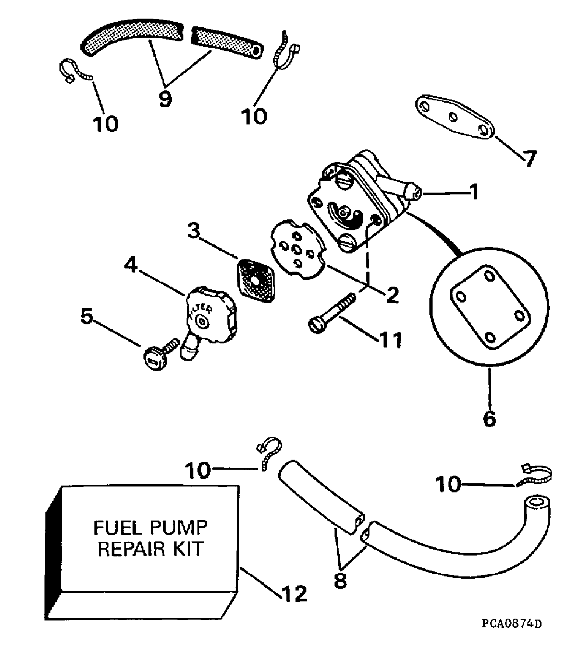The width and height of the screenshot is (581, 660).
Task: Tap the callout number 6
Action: tap(489, 418)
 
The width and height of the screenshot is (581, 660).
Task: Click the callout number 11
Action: tap(391, 339)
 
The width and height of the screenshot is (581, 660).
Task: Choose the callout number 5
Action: tap(86, 317)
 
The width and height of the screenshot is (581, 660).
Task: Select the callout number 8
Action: tap(340, 581)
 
